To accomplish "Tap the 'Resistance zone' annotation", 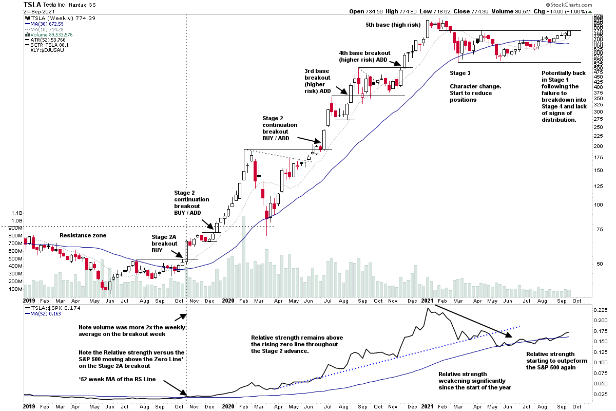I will (x=83, y=235).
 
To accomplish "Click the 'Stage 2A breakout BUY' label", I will (x=164, y=244).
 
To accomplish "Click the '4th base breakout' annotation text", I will (x=364, y=53).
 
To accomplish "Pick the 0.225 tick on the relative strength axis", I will (x=600, y=310).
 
